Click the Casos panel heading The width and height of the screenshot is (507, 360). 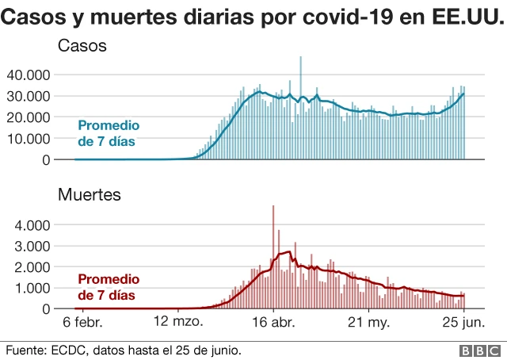pos(82,48)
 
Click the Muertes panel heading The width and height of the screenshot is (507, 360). pos(88,193)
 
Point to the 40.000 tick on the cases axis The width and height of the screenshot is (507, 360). pos(29,75)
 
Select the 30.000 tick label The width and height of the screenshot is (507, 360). pos(29,96)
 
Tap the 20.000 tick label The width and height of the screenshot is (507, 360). pos(29,117)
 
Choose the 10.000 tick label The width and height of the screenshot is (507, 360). pos(29,138)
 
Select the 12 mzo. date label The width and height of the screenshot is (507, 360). pos(179,324)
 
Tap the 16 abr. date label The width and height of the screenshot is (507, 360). pos(273,324)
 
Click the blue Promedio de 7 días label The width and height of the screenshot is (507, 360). pos(108,133)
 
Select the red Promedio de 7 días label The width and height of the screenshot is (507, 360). pos(108,287)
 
